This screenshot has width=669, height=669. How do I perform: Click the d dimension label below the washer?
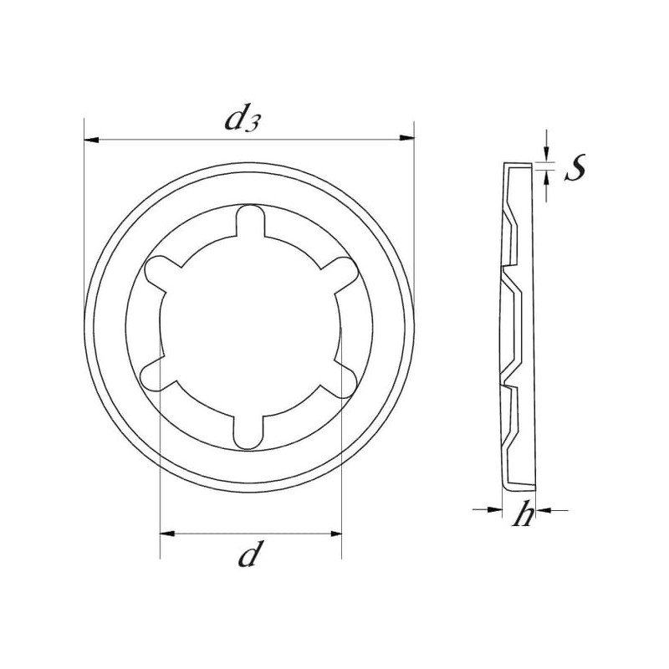click(249, 554)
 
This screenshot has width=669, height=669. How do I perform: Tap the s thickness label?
click(575, 167)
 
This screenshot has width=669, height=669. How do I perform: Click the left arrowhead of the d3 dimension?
click(92, 140)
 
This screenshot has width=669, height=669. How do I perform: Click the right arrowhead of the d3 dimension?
click(406, 138)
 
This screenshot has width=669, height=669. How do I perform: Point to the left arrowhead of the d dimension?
click(167, 534)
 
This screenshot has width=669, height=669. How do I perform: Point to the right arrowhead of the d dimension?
click(334, 534)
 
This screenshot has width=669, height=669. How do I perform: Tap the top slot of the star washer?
click(250, 221)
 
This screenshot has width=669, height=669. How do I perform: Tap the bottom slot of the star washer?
click(248, 432)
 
